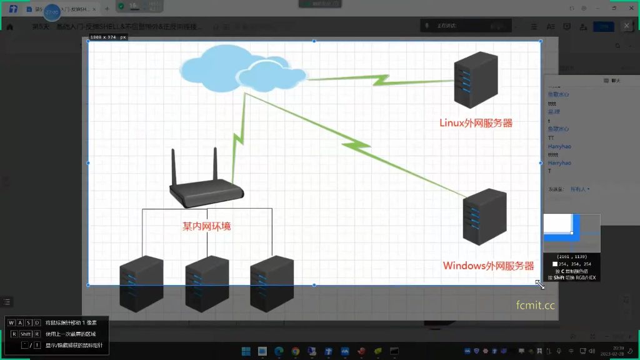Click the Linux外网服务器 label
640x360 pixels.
pyautogui.click(x=476, y=123)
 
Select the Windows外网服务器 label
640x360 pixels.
pyautogui.click(x=488, y=266)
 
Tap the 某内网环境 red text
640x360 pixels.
pyautogui.click(x=206, y=226)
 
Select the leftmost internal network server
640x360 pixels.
pyautogui.click(x=141, y=284)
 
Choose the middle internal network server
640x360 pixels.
pyautogui.click(x=207, y=284)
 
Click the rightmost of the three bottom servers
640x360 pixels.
pyautogui.click(x=272, y=284)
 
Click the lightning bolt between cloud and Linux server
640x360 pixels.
pyautogui.click(x=380, y=80)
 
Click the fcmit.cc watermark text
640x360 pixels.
pyautogui.click(x=535, y=305)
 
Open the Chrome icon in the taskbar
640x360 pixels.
pyautogui.click(x=295, y=351)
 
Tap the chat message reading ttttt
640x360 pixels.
pyautogui.click(x=553, y=154)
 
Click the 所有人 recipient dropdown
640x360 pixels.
pyautogui.click(x=579, y=189)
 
